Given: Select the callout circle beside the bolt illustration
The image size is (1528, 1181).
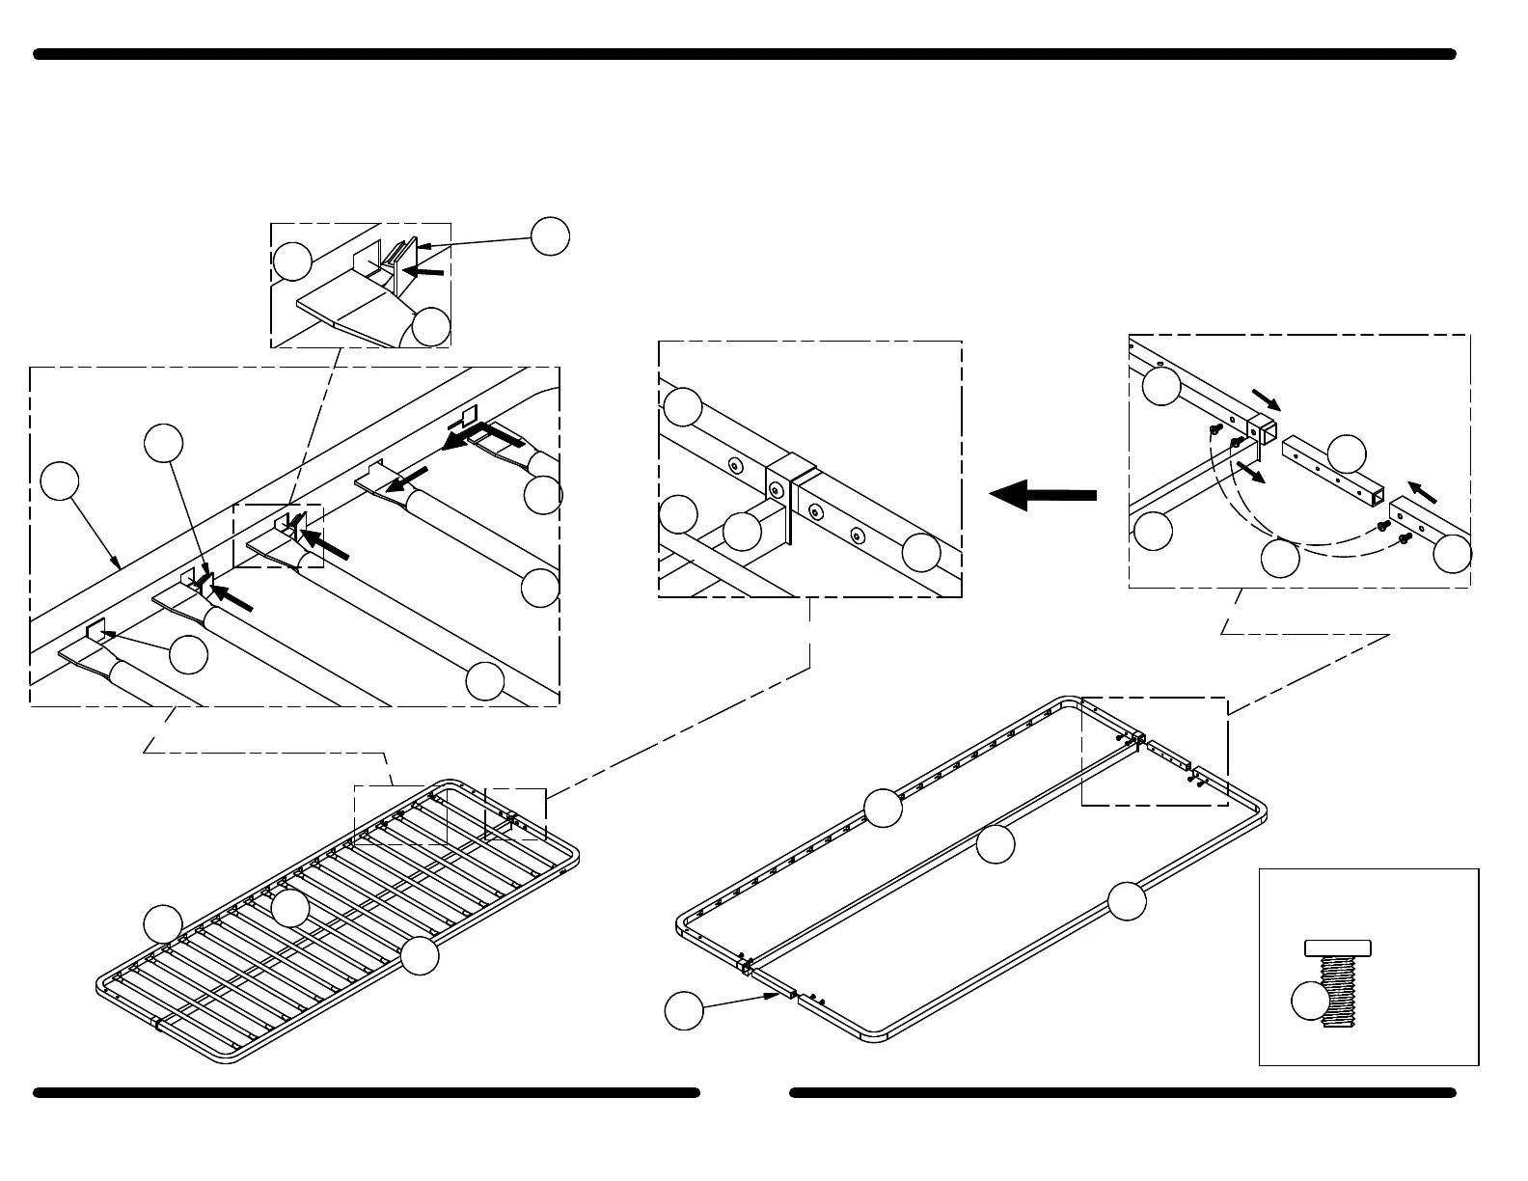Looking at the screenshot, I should [x=1309, y=1000].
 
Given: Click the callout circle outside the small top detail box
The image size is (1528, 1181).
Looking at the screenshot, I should [x=550, y=236].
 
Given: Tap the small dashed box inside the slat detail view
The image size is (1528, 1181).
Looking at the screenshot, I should [x=279, y=536].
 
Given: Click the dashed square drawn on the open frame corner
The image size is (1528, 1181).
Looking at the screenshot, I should [x=1155, y=751].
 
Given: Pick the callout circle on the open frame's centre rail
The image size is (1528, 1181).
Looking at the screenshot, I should [x=996, y=845].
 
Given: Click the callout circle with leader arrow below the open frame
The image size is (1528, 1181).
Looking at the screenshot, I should [x=684, y=1010].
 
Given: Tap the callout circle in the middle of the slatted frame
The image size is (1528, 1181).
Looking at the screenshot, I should [x=289, y=908].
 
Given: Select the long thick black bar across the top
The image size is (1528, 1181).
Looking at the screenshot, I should [x=745, y=55].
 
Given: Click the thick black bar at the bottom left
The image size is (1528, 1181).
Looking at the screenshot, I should [x=367, y=1093].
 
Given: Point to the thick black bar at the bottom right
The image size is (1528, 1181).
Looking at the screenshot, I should [x=1122, y=1093].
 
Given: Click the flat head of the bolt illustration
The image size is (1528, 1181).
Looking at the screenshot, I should [x=1338, y=948].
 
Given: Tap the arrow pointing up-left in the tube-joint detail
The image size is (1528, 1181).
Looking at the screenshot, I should [x=1422, y=491].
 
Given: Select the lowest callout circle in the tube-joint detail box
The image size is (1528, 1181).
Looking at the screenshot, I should [x=1280, y=559].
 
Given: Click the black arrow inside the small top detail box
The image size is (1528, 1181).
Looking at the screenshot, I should [x=423, y=272].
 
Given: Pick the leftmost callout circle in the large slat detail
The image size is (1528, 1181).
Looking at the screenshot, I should [x=61, y=481].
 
